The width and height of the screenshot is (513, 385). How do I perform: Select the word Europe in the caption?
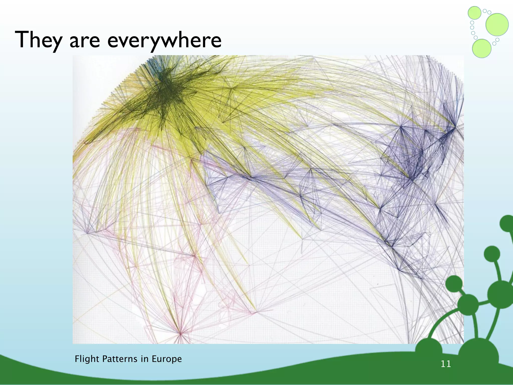pyautogui.click(x=167, y=359)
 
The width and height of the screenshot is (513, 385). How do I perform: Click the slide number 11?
pyautogui.click(x=446, y=364)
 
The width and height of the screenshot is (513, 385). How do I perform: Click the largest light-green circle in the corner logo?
pyautogui.click(x=497, y=25)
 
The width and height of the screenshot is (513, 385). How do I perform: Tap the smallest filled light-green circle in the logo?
pyautogui.click(x=474, y=13)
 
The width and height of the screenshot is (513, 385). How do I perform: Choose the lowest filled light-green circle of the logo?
pyautogui.click(x=481, y=48)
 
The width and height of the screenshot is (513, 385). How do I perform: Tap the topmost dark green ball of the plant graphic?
pyautogui.click(x=507, y=223)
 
